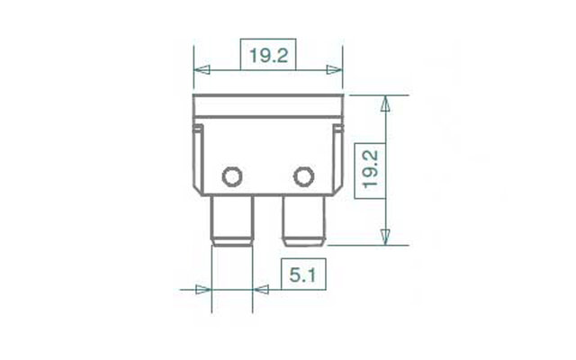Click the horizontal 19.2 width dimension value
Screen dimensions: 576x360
(268, 56)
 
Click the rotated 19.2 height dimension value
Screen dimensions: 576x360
(370, 169)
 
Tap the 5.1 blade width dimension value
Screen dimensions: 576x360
(302, 274)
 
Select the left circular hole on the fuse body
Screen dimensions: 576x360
(232, 176)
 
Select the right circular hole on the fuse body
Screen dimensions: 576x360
(304, 176)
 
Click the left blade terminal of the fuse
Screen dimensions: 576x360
(232, 220)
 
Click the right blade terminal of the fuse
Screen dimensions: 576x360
(304, 220)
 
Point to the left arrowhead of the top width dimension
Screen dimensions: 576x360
(202, 70)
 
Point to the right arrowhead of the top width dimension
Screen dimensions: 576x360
(334, 70)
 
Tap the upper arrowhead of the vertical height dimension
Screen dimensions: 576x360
(385, 103)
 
